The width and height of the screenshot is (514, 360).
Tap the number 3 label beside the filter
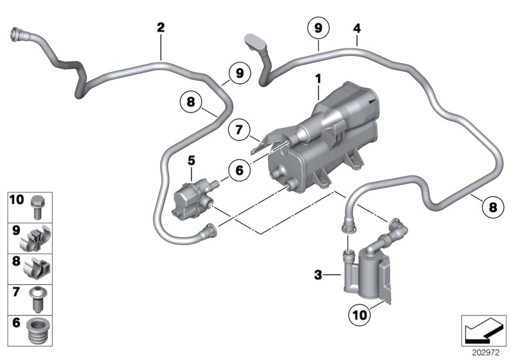(x=317, y=275)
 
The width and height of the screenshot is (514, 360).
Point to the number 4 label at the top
(x=357, y=28)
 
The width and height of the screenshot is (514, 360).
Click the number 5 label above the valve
(x=190, y=158)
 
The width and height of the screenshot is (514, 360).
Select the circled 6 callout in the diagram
(x=237, y=170)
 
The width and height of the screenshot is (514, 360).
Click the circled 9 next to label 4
(x=317, y=28)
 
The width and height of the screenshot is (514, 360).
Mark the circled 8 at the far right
(x=492, y=207)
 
